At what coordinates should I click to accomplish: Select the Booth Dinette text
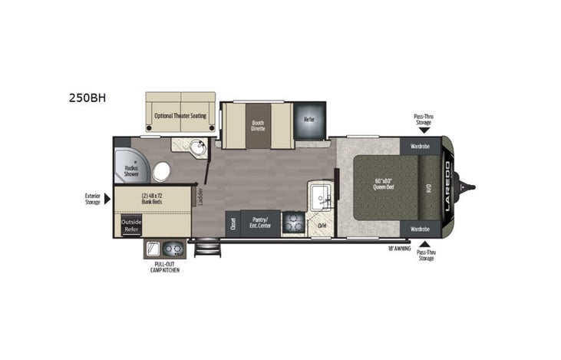click(x=257, y=125)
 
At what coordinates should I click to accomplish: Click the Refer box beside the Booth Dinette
click(x=309, y=120)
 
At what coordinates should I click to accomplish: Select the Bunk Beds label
click(x=153, y=198)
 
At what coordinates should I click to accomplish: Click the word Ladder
click(x=200, y=197)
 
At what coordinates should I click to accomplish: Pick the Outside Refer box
click(x=131, y=225)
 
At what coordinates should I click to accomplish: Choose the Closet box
click(x=231, y=223)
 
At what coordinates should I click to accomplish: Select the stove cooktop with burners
click(x=294, y=224)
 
